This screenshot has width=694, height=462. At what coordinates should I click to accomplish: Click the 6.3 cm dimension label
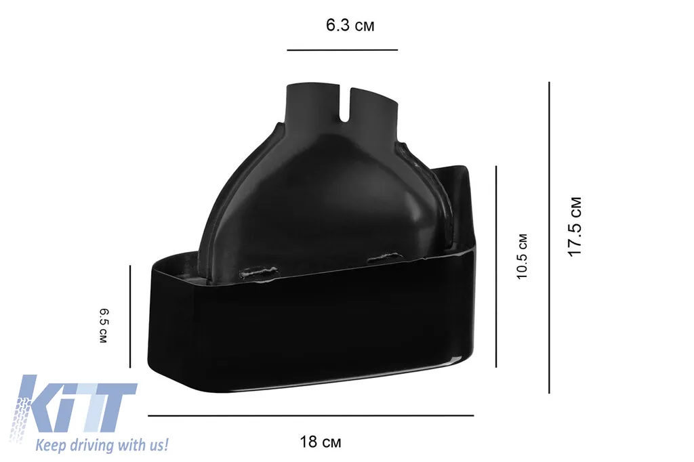pos(350,25)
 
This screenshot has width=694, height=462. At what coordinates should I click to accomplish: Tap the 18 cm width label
pos(321,442)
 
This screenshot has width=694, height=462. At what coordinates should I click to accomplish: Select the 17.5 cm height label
pos(575,226)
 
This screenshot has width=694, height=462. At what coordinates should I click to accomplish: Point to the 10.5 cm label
pos(523,257)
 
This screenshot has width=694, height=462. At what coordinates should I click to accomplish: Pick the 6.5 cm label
pos(103,326)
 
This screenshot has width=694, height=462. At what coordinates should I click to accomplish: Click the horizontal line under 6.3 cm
pos(342,50)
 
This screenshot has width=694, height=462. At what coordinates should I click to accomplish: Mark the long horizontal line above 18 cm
pos(310,415)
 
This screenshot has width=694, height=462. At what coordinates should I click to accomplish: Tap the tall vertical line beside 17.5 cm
pos(549,238)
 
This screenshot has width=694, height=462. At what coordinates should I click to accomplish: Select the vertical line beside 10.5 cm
pos(496,266)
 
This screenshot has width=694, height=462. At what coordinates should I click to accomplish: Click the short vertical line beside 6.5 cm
pos(130,316)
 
